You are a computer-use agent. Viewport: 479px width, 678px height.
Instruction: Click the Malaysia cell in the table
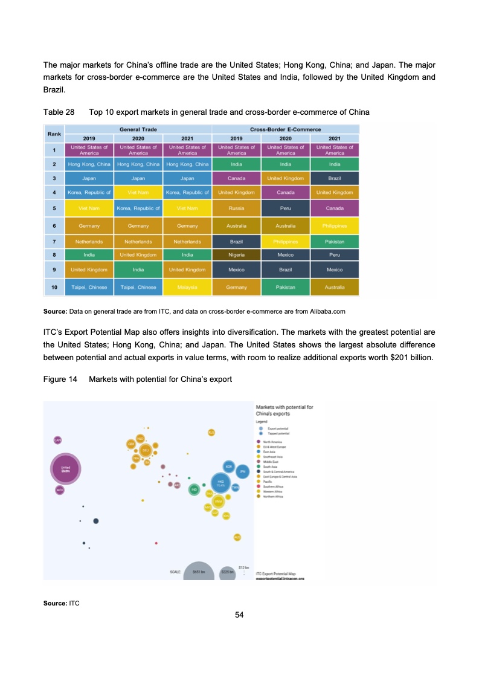[187, 288]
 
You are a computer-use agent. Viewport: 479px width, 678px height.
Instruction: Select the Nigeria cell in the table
[237, 255]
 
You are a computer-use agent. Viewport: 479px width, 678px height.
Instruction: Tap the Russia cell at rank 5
[237, 208]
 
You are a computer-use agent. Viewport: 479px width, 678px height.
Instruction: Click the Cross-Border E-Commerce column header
[286, 129]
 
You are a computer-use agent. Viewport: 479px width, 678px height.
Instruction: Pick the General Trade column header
[138, 129]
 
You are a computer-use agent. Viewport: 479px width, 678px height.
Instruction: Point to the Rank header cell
[54, 134]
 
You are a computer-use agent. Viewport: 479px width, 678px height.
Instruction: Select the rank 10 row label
[54, 288]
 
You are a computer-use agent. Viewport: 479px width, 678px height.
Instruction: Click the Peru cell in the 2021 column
[335, 255]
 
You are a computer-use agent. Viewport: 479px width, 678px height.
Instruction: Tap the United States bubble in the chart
[66, 469]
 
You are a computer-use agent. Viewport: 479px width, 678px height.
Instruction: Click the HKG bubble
[221, 482]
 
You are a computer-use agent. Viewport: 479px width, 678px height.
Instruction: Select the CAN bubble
[57, 440]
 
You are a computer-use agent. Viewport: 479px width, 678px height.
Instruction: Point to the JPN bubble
[242, 471]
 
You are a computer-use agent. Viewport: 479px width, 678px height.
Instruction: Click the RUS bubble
[211, 432]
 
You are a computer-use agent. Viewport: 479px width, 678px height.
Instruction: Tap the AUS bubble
[237, 537]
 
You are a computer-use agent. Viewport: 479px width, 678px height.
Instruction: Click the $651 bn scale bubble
[199, 571]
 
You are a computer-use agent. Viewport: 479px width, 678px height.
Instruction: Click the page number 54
[239, 615]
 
